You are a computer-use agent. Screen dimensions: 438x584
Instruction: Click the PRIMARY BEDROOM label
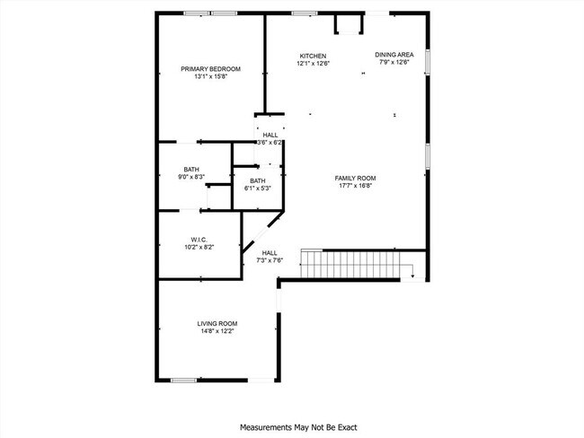(x=210, y=69)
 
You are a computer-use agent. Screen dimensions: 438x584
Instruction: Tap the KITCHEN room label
(x=313, y=56)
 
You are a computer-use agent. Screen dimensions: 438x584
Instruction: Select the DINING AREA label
(x=394, y=55)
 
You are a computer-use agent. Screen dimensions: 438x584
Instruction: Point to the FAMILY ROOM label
(x=355, y=178)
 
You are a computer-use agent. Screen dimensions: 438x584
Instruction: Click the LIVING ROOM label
(x=217, y=323)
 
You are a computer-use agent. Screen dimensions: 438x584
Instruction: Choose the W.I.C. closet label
(x=199, y=240)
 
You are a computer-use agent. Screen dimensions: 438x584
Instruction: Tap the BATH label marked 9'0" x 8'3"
(x=191, y=170)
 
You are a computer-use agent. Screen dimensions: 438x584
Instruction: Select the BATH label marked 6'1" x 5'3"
(x=258, y=180)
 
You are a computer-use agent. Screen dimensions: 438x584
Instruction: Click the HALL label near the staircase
(x=270, y=253)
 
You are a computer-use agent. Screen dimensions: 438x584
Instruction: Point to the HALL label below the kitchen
(x=270, y=135)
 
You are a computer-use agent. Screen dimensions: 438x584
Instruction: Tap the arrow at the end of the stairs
(x=411, y=276)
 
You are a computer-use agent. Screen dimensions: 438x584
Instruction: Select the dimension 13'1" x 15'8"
(x=210, y=77)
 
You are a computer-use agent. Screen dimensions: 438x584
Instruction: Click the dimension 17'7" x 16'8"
(x=355, y=186)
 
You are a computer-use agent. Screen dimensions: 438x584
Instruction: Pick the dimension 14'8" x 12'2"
(x=217, y=331)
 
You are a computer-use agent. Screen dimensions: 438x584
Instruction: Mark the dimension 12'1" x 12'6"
(x=313, y=63)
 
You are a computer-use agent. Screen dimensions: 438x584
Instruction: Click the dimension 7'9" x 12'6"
(x=394, y=63)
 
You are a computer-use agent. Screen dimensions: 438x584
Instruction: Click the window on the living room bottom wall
(x=183, y=380)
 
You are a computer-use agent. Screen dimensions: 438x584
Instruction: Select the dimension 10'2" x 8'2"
(x=199, y=247)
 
